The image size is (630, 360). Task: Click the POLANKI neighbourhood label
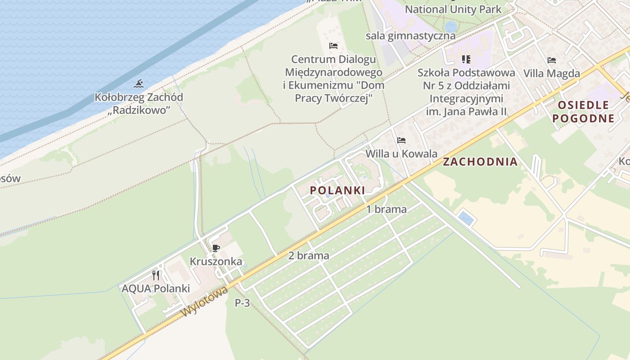pyautogui.click(x=337, y=190)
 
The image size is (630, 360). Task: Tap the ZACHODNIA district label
pyautogui.click(x=480, y=162)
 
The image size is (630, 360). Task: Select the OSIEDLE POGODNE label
pyautogui.click(x=583, y=112)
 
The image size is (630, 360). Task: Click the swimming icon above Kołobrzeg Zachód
pyautogui.click(x=139, y=84)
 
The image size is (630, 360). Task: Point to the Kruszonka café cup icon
pyautogui.click(x=216, y=248)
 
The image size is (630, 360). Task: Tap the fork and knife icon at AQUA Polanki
pyautogui.click(x=156, y=275)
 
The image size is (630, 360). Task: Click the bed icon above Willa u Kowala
pyautogui.click(x=401, y=140)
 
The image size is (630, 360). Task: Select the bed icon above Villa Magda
pyautogui.click(x=552, y=60)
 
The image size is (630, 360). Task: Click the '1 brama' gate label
pyautogui.click(x=386, y=209)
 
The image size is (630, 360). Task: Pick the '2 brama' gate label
pyautogui.click(x=309, y=256)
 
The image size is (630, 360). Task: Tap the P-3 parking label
pyautogui.click(x=242, y=303)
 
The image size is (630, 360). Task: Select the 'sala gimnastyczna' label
pyautogui.click(x=410, y=36)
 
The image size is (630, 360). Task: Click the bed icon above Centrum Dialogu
pyautogui.click(x=333, y=46)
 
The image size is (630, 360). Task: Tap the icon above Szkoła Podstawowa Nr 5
pyautogui.click(x=466, y=59)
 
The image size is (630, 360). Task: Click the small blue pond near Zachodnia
pyautogui.click(x=466, y=219)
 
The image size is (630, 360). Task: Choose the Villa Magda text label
pyautogui.click(x=552, y=73)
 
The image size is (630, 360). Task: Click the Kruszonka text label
pyautogui.click(x=216, y=261)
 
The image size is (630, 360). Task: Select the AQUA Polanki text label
pyautogui.click(x=156, y=288)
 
